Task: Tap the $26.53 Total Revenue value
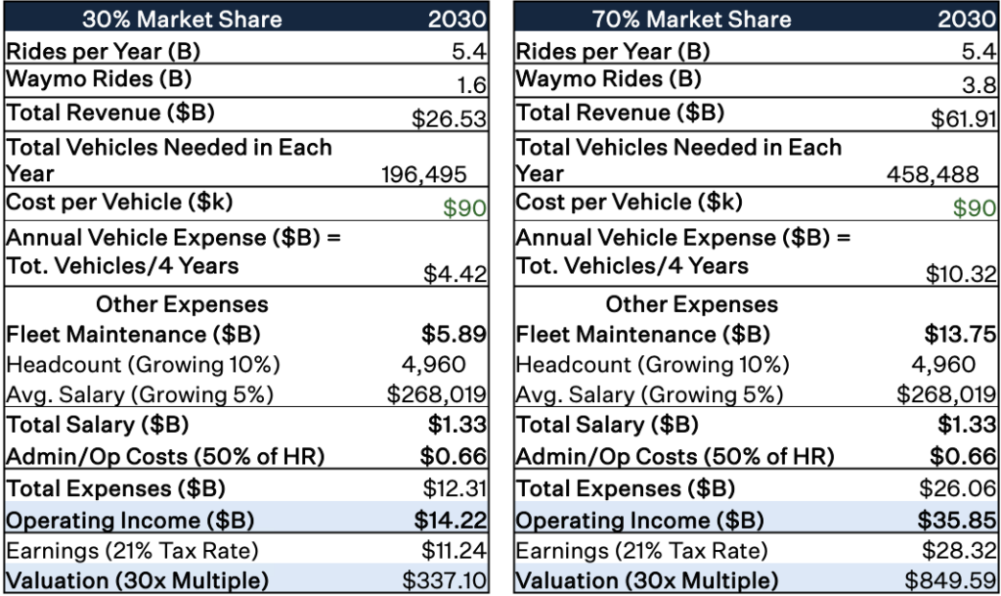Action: (449, 118)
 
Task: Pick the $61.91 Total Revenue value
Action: (962, 118)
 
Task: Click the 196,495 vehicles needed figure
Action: (423, 174)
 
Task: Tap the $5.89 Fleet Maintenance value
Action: (454, 334)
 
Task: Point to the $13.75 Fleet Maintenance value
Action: (960, 334)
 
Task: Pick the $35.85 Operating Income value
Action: (958, 520)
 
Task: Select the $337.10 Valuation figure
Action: (445, 580)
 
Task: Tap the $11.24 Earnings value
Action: (454, 550)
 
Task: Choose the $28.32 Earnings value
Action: (960, 550)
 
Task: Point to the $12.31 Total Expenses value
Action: (454, 488)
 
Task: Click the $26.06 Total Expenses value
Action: (959, 488)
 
